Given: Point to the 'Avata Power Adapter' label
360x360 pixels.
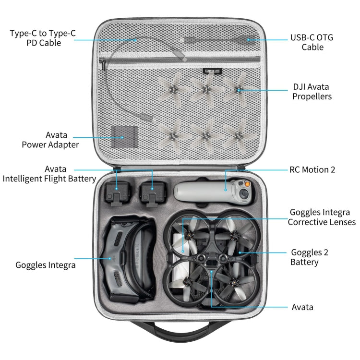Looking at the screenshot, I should (x=50, y=140).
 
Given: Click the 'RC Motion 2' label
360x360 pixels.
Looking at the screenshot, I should (x=312, y=169).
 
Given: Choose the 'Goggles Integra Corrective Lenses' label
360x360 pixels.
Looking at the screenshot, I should (x=322, y=217).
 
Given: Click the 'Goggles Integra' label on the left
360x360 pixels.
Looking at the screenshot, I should (x=46, y=264).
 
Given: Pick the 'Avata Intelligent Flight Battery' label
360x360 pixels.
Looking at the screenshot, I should (x=49, y=174).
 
